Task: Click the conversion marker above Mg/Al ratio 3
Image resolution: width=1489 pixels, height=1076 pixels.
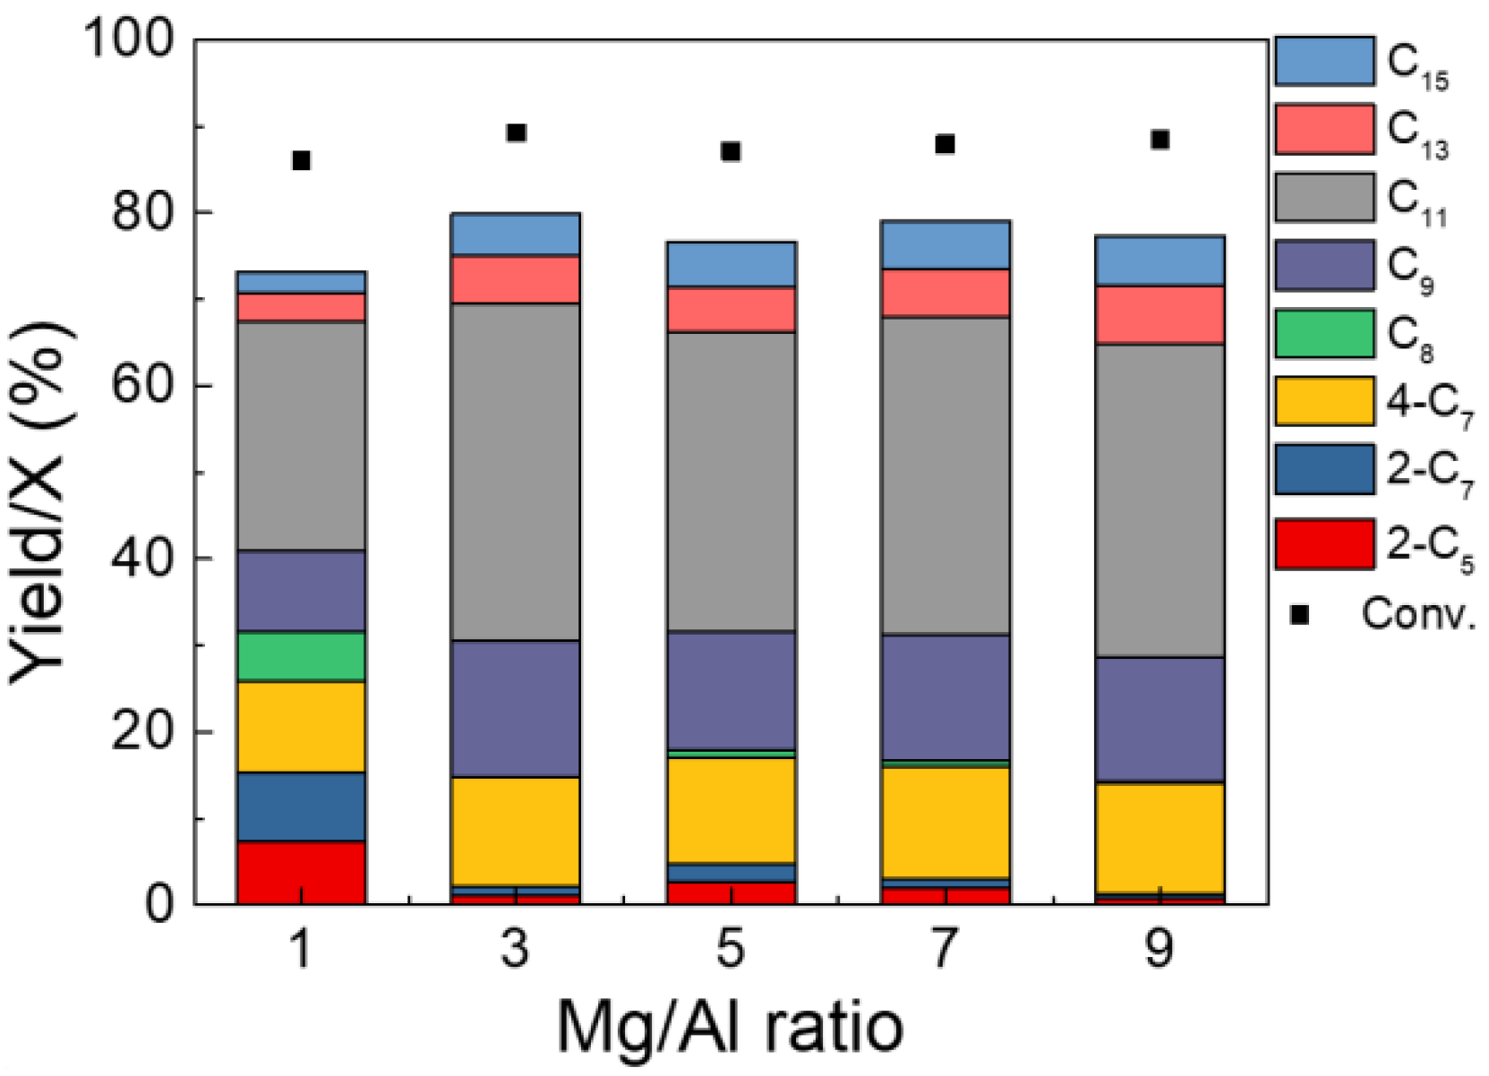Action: [x=516, y=133]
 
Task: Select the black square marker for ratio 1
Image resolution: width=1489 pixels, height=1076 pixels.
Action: [x=301, y=161]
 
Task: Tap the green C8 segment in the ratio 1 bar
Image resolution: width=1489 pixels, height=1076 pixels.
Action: [x=301, y=656]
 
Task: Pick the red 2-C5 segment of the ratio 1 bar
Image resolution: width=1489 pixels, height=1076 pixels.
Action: [x=301, y=872]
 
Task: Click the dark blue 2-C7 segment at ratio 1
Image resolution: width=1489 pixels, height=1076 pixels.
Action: [x=301, y=806]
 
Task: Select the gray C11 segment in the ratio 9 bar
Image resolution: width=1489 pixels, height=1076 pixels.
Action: [x=1160, y=500]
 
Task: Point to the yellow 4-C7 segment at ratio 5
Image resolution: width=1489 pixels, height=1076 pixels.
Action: [x=731, y=809]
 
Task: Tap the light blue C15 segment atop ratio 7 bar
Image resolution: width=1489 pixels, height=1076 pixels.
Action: [x=946, y=243]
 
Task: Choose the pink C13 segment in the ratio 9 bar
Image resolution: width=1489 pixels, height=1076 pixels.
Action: [x=1160, y=314]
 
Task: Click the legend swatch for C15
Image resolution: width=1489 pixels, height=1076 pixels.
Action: [x=1324, y=61]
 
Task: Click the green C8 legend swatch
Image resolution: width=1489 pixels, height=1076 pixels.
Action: [x=1324, y=333]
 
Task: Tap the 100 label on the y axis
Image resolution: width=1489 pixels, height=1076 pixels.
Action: [x=127, y=39]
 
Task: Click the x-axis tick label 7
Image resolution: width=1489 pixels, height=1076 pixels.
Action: [x=946, y=948]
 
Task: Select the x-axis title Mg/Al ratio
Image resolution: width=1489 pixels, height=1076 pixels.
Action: [x=730, y=1027]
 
